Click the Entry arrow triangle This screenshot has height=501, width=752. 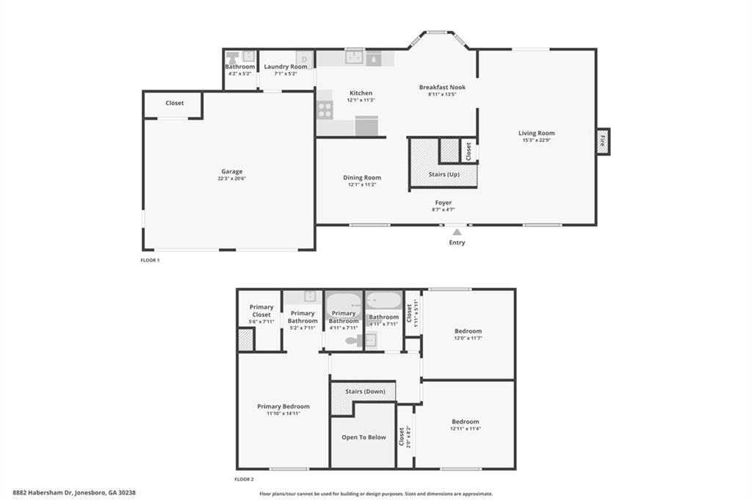(457, 232)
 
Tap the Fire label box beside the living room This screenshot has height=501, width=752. (603, 142)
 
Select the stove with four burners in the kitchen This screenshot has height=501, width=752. (325, 110)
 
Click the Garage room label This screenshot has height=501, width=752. (231, 171)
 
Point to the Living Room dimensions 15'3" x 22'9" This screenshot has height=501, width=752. (536, 140)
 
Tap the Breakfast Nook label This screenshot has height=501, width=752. (442, 87)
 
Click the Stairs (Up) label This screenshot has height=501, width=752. (444, 174)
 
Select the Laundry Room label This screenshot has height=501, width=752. (286, 67)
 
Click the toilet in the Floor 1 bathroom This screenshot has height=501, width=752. (233, 57)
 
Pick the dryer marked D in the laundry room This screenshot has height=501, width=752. (304, 59)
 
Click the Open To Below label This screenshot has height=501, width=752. (364, 437)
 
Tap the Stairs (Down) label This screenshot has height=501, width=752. (365, 392)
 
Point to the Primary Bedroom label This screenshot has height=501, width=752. (283, 406)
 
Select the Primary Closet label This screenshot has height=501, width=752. (261, 311)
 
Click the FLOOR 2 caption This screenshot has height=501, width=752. (244, 480)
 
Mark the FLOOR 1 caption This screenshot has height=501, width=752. (150, 261)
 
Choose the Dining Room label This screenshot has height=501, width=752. (362, 178)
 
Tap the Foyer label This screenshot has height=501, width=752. (443, 203)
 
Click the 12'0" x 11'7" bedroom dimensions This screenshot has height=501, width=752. (468, 338)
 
